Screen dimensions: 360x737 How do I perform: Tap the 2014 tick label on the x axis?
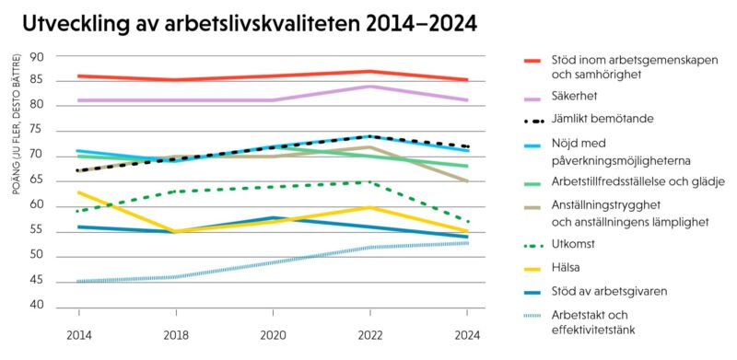[78, 335]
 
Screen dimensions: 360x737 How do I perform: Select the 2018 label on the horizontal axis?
[176, 335]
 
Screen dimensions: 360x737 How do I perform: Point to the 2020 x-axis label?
[273, 335]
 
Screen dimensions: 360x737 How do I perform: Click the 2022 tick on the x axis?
[369, 335]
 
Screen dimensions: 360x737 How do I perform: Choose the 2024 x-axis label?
[467, 335]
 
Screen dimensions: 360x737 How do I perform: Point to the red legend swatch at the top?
[532, 61]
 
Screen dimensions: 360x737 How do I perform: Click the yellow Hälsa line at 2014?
[79, 192]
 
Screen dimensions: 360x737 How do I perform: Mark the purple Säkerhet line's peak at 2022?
[369, 87]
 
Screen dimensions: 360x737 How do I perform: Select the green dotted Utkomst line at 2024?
[467, 221]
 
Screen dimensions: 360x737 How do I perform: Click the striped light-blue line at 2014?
[79, 281]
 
